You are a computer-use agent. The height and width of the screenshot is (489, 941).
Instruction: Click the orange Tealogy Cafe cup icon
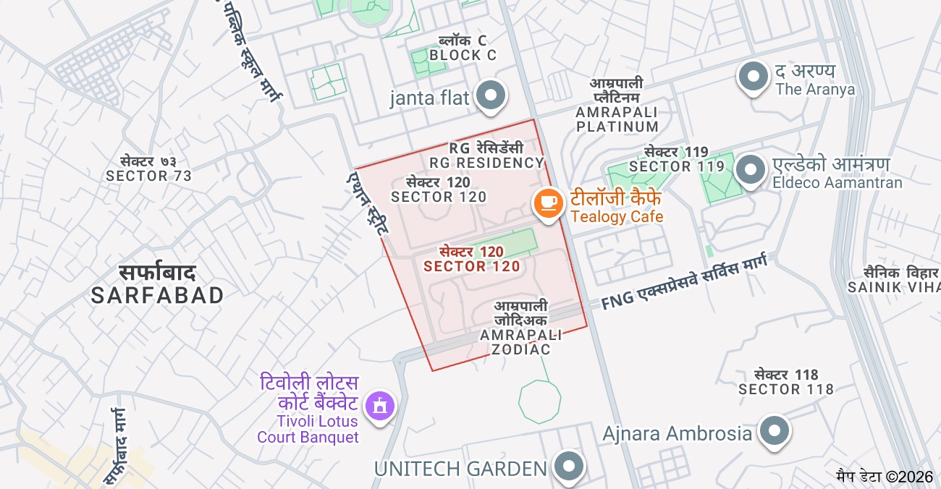[x=549, y=203]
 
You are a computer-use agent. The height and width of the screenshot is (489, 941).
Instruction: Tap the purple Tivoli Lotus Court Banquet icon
[x=380, y=406]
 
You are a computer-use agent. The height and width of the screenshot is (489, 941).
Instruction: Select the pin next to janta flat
[x=492, y=95]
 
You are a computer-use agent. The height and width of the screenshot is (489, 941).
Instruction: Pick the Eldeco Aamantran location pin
[x=751, y=171]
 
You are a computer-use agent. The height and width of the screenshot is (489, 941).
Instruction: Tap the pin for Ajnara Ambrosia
[x=775, y=431]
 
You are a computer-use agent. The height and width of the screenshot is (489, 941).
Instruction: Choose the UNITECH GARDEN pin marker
[x=568, y=467]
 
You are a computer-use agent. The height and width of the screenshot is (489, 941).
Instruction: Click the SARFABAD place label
[x=158, y=284]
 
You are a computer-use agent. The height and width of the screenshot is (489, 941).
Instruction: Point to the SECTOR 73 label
[x=148, y=169]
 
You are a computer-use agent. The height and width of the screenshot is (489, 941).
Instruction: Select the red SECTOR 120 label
[x=472, y=259]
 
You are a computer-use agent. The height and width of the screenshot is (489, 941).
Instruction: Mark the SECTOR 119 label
[x=676, y=159]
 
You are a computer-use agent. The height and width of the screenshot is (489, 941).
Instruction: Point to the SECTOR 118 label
[x=786, y=382]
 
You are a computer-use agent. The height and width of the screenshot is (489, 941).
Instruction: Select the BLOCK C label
[x=463, y=48]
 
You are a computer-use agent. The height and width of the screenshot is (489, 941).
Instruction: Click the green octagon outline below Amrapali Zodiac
[x=540, y=402]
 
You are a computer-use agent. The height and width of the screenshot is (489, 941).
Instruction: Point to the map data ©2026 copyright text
[x=885, y=477]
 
